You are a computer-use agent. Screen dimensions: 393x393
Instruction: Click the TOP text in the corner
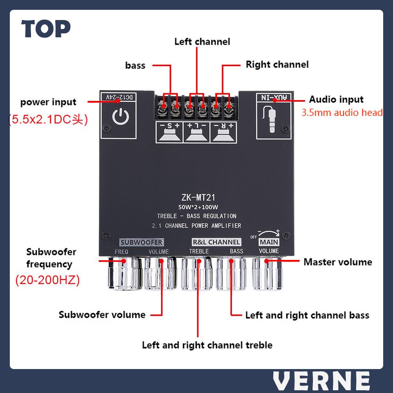(46, 29)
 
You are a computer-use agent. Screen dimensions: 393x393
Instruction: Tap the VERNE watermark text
(321, 380)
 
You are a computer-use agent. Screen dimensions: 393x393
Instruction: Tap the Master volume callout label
(338, 262)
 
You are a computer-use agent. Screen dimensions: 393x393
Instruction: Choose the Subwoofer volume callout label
(102, 314)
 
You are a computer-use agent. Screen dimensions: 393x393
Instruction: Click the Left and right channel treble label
(207, 345)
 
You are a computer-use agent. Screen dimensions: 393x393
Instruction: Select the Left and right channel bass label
(307, 315)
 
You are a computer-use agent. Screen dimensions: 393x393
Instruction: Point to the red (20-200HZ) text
(48, 280)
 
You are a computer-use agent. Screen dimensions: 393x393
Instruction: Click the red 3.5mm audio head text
(342, 113)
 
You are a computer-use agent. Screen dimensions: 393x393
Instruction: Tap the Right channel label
(277, 64)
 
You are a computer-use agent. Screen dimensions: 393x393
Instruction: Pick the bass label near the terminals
(135, 65)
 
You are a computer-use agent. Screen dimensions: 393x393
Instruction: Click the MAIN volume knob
(267, 275)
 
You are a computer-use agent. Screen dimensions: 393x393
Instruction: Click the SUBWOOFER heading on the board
(141, 242)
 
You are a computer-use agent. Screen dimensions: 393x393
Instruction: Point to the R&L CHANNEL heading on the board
(216, 242)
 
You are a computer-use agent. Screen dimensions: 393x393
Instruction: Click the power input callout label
(48, 102)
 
